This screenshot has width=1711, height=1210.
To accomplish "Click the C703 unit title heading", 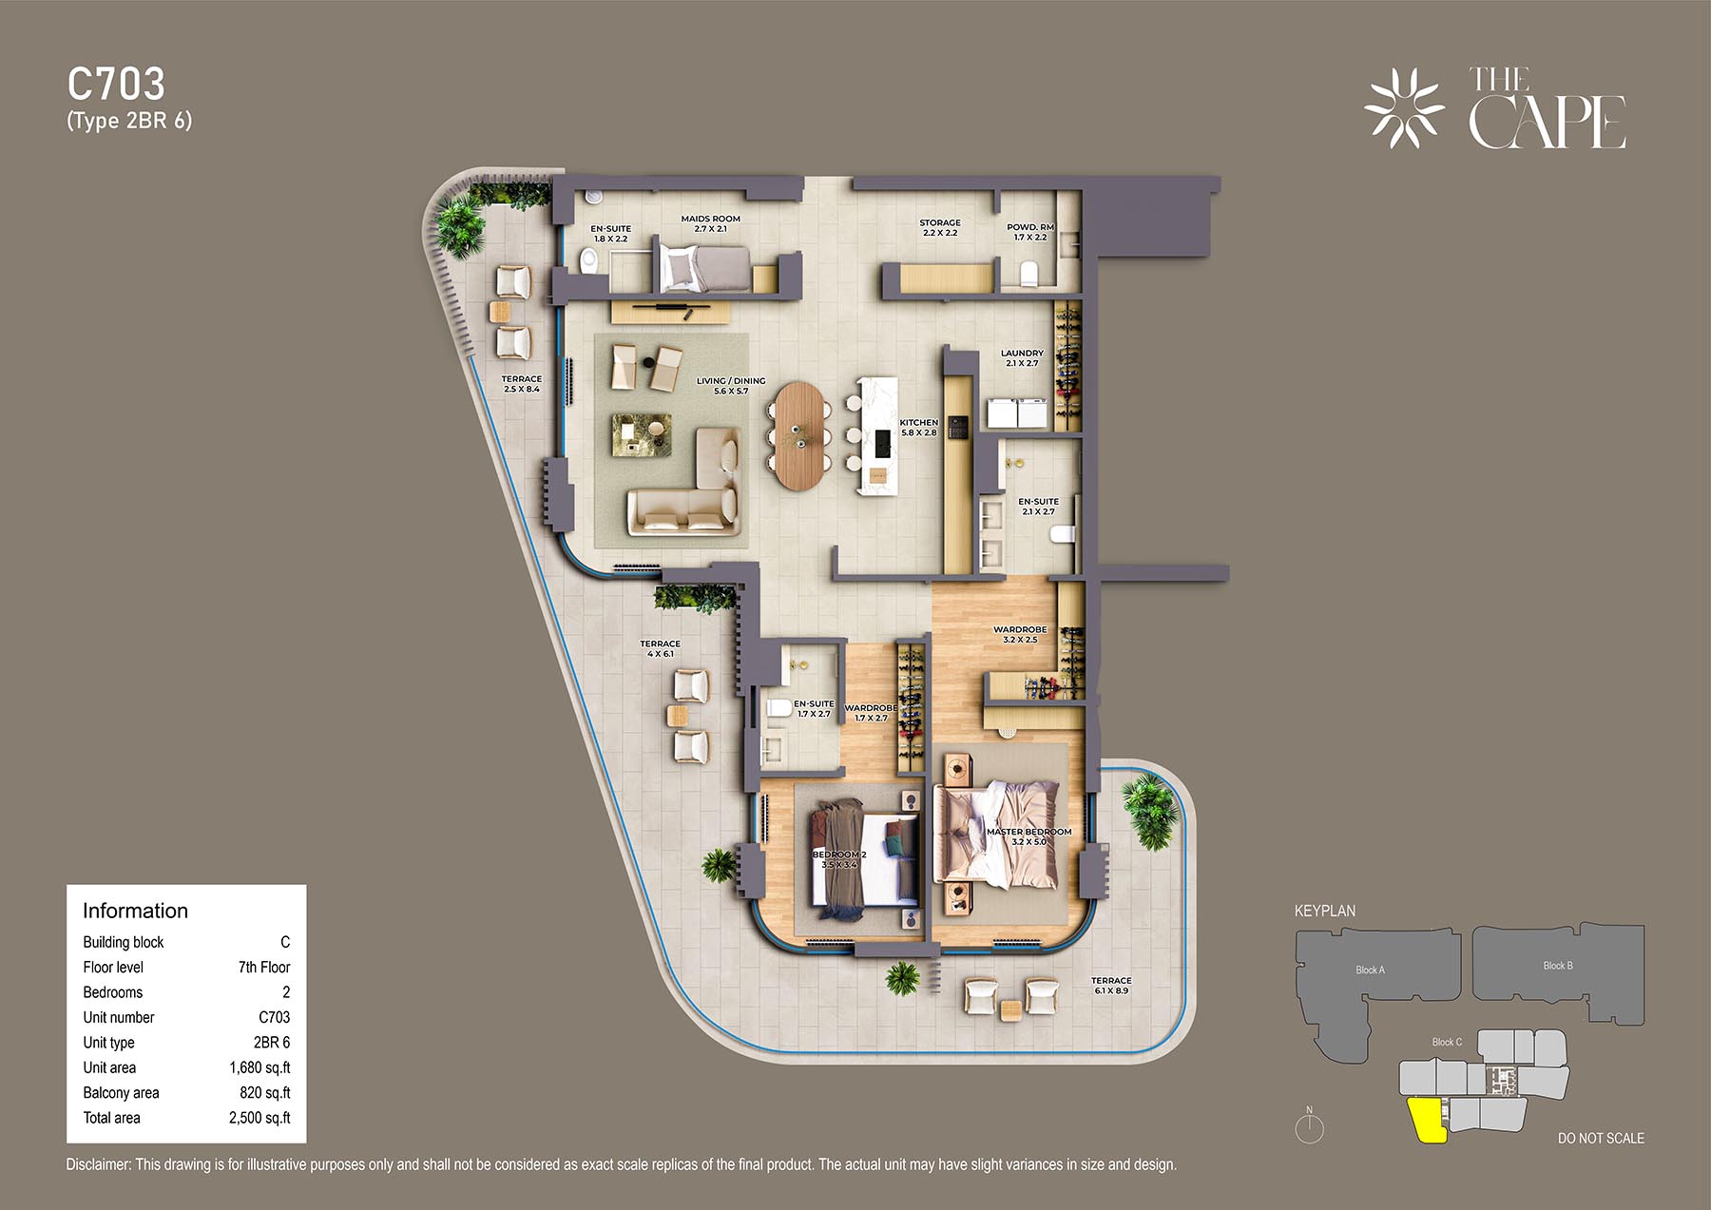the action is point(116,85).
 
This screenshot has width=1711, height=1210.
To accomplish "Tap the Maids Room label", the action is point(710,223).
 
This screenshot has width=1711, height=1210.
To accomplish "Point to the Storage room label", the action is point(940,227).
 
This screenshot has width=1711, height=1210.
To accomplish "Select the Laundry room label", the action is point(1022,357).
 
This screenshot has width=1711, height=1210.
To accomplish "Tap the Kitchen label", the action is point(919,427).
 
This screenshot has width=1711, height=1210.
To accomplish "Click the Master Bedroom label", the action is point(1029,836).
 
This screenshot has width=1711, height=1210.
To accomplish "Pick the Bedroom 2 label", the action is point(839,859).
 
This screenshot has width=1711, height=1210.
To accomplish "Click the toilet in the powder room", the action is point(1029,274).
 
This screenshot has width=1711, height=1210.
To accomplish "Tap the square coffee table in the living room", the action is point(642,434).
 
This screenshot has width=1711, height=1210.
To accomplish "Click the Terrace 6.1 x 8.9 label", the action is point(1111,985).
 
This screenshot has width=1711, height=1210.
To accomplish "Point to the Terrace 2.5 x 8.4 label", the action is point(521,383).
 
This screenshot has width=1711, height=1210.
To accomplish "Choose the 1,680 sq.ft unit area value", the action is point(260,1067).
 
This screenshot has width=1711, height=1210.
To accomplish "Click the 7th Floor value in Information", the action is point(264,967).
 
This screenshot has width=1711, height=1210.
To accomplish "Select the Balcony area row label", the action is point(121,1093).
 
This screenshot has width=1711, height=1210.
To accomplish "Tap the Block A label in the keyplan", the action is point(1370,970).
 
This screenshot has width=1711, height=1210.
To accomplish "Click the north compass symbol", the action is point(1310,1127).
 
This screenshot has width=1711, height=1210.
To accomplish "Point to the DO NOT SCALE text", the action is point(1601,1138).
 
